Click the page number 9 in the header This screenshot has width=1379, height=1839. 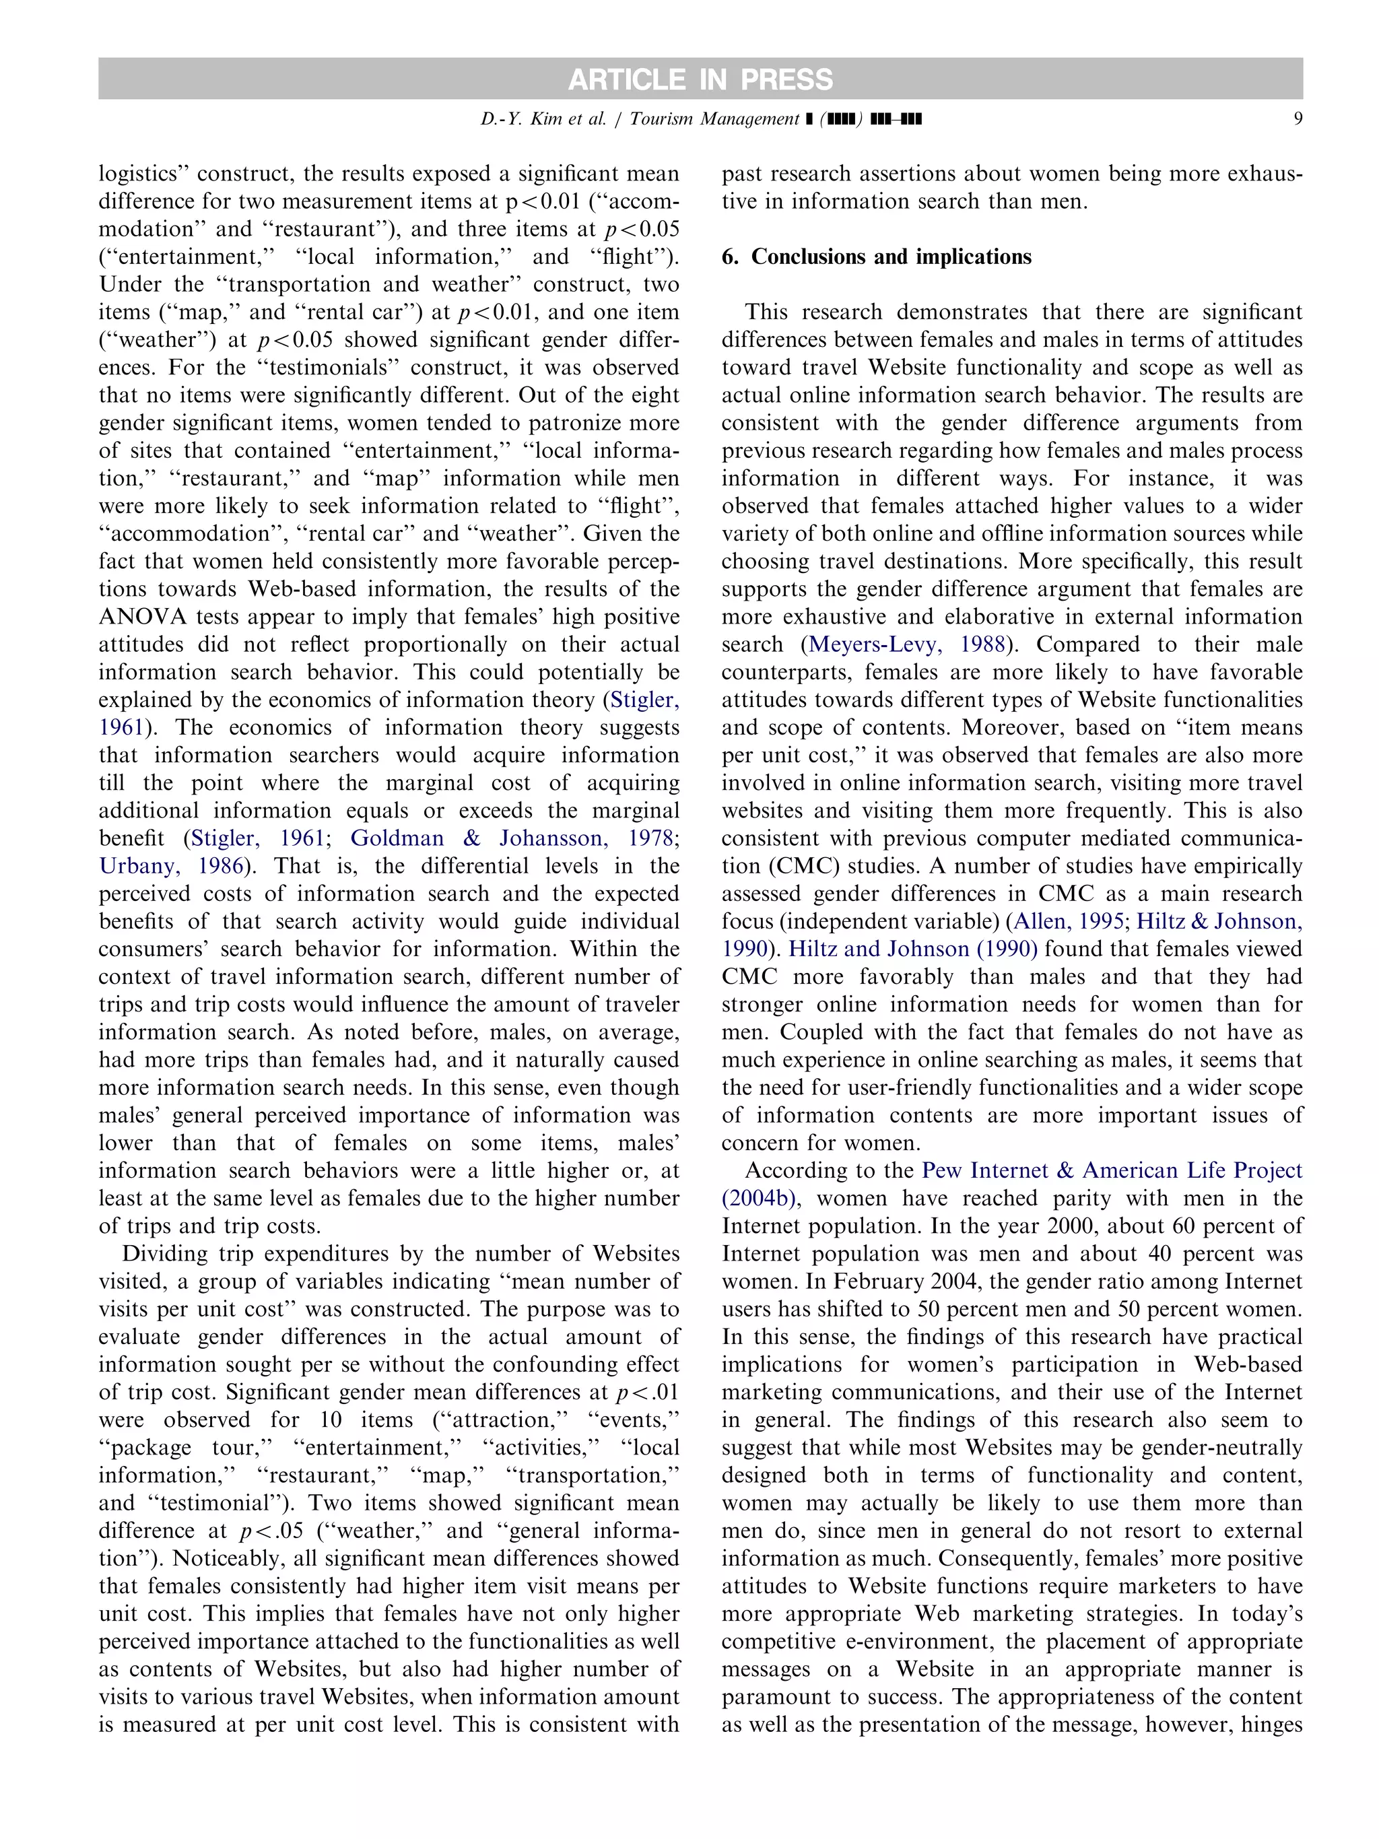pos(1297,119)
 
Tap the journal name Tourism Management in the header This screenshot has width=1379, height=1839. pos(713,119)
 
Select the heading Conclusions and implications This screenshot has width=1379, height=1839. pos(890,257)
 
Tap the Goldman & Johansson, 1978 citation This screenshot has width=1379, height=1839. pos(510,838)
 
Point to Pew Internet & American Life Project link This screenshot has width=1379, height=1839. pos(1111,1170)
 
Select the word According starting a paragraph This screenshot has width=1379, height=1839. pos(797,1170)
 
